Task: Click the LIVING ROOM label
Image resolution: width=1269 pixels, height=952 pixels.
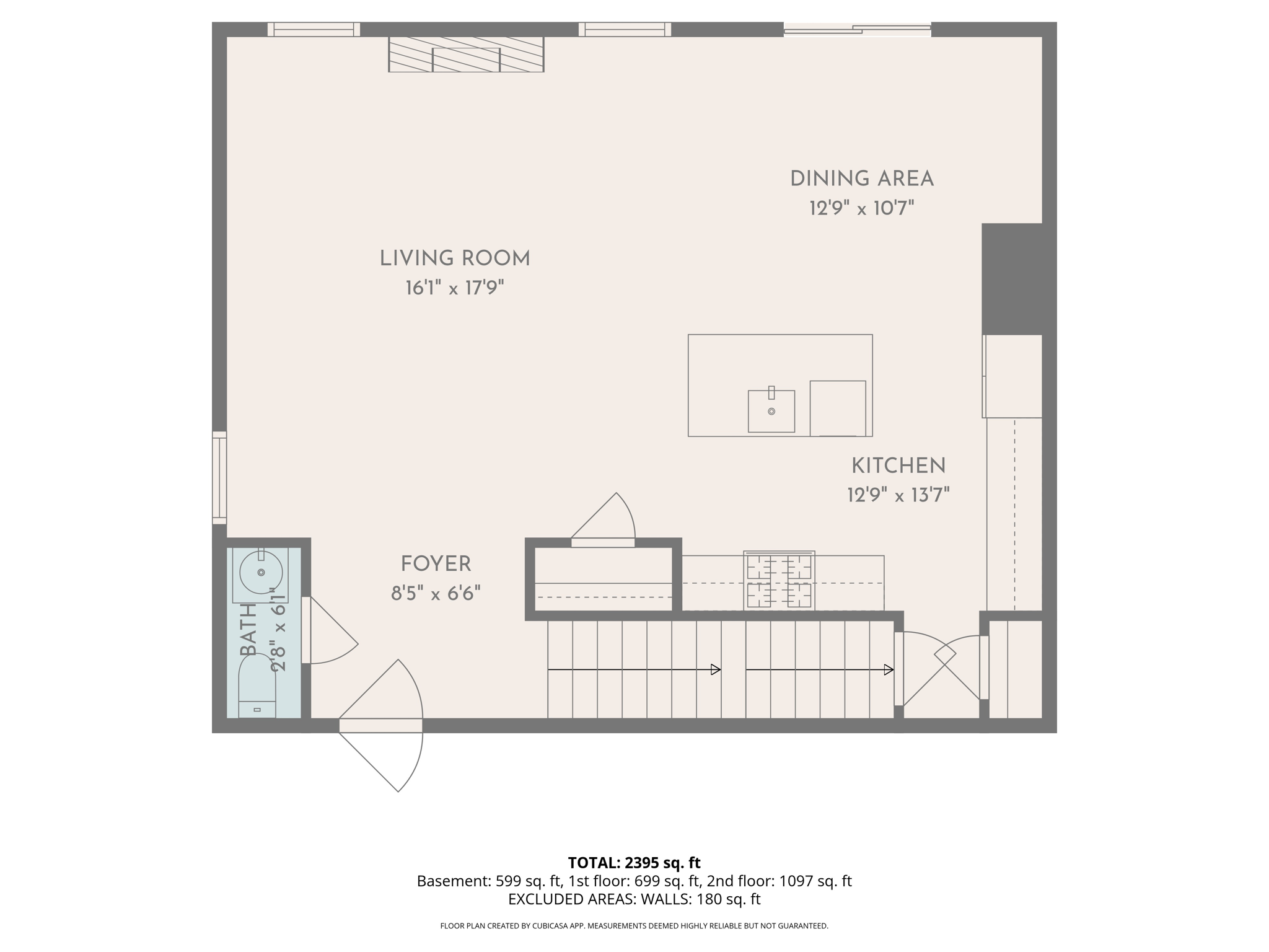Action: click(455, 258)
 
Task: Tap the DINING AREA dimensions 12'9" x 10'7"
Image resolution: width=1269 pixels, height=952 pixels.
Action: click(861, 208)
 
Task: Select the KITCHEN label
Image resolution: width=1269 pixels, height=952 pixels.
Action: click(898, 466)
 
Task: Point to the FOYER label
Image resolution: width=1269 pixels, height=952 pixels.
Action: click(436, 564)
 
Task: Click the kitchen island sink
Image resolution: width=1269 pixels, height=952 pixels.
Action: click(771, 412)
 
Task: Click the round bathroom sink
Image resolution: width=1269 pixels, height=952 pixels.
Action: click(261, 572)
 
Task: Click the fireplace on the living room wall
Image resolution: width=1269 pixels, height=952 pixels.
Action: click(466, 54)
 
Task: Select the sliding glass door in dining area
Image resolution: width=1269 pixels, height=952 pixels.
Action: click(857, 29)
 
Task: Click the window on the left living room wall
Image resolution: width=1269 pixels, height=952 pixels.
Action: click(219, 477)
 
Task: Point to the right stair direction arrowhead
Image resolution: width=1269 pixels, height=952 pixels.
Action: click(888, 669)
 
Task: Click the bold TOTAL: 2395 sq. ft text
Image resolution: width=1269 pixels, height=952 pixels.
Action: click(634, 862)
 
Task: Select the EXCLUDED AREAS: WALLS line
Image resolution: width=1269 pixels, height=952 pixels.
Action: click(634, 899)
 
